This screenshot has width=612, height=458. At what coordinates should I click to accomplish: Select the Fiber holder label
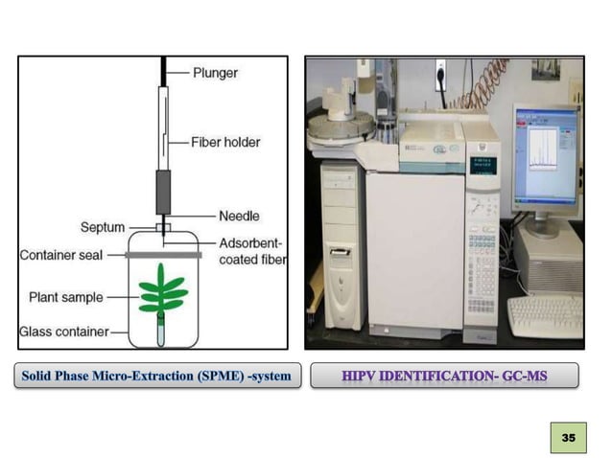[x=224, y=142]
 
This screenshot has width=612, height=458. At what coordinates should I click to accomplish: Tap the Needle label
[x=239, y=217]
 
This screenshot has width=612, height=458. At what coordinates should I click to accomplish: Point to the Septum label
[x=103, y=227]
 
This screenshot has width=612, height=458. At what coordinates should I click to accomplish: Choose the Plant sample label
[x=65, y=297]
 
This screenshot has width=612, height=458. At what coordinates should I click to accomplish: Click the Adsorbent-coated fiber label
[x=252, y=250]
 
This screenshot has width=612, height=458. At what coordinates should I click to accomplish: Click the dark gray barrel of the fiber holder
[x=162, y=192]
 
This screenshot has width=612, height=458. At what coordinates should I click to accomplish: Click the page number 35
[x=569, y=437]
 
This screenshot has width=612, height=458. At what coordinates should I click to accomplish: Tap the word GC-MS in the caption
[x=524, y=376]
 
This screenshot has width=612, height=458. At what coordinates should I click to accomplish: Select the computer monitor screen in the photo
[x=545, y=157]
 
